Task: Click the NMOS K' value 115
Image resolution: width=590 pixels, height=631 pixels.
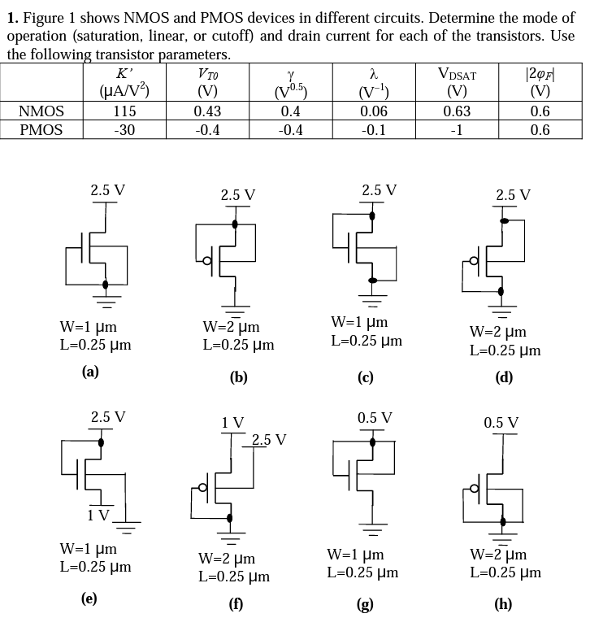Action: point(124,111)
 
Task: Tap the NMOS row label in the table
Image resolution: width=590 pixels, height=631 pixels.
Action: point(41,111)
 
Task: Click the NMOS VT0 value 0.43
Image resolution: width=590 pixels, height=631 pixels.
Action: point(208,111)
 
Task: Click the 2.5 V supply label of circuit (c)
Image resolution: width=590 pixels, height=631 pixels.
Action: point(380,190)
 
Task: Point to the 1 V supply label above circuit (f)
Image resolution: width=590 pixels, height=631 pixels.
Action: point(232,422)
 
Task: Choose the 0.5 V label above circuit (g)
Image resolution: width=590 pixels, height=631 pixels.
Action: point(375,418)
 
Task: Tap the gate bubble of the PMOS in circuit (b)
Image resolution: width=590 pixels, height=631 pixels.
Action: point(207,260)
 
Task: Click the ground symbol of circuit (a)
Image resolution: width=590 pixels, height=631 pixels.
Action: point(106,296)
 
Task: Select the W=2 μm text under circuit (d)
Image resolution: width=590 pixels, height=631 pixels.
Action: point(498,332)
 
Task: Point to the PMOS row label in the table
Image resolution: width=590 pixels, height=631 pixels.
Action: point(41,130)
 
